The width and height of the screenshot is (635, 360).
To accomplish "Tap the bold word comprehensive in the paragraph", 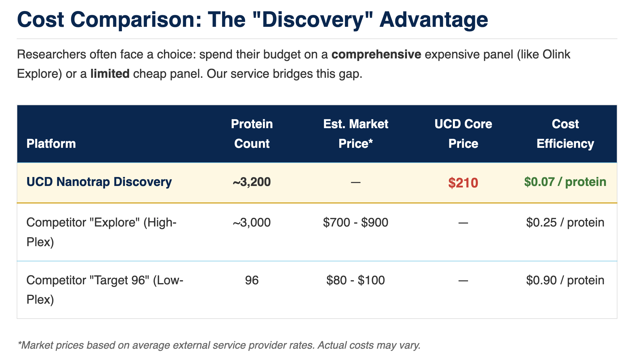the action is click(x=376, y=55).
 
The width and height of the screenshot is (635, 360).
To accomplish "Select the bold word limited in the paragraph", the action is click(x=110, y=74).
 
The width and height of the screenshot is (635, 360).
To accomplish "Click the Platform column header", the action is click(x=51, y=144).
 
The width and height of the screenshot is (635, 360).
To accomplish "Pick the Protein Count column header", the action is click(x=252, y=134).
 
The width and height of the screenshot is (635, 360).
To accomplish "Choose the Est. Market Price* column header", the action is click(x=356, y=134).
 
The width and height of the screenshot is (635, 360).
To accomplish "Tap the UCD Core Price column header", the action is click(x=463, y=134).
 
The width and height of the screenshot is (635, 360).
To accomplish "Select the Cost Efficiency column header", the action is click(x=565, y=134).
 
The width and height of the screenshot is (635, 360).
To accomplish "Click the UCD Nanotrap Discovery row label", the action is click(x=99, y=182).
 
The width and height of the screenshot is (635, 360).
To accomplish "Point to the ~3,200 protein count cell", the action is click(x=252, y=182).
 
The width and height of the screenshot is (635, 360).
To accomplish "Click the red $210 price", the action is click(x=463, y=183).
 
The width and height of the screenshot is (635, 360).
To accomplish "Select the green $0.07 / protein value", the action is click(x=565, y=182).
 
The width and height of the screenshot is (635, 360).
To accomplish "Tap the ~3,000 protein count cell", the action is click(x=252, y=223).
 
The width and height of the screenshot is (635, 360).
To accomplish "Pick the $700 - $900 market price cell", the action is click(x=356, y=223).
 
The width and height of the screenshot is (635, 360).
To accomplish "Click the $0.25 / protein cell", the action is click(x=565, y=223).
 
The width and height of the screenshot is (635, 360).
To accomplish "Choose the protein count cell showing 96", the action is click(x=252, y=280).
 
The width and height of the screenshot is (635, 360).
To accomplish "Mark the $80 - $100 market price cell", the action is click(x=356, y=280).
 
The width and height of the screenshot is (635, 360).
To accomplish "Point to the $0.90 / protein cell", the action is click(x=565, y=280).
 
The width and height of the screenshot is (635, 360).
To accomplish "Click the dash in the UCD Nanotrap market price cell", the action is click(x=356, y=182).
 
